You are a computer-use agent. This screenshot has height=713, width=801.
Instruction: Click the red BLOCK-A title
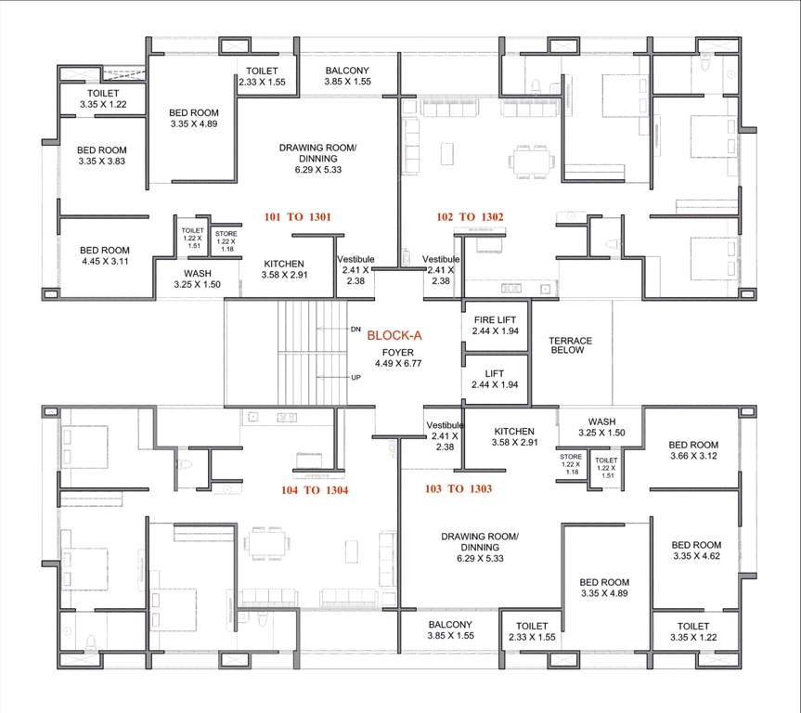point(394,336)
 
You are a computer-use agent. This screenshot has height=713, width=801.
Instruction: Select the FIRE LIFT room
point(495,324)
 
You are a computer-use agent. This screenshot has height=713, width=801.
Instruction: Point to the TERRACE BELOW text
point(570,346)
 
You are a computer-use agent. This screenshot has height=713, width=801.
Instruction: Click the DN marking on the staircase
point(354,330)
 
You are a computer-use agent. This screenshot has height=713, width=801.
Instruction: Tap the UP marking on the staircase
point(354,378)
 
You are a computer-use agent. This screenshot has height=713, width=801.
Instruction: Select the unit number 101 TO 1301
point(298,216)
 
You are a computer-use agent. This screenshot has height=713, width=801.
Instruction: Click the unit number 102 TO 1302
point(470,216)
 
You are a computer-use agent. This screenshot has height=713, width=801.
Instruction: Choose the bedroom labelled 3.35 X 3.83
point(101,156)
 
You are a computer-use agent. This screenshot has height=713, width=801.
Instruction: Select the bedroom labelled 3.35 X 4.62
point(696,551)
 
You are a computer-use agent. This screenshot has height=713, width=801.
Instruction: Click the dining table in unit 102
point(534,162)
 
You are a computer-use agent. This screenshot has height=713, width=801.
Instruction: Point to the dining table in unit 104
point(266,540)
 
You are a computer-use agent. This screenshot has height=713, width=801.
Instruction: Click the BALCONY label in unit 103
point(449,630)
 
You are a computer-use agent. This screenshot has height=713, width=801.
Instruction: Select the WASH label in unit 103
point(601,427)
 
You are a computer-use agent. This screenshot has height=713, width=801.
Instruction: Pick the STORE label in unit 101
point(226,240)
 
